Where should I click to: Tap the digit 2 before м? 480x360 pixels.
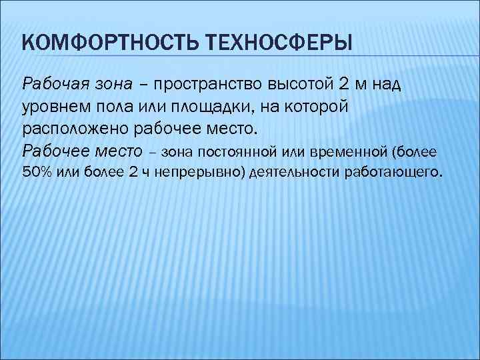344,85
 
